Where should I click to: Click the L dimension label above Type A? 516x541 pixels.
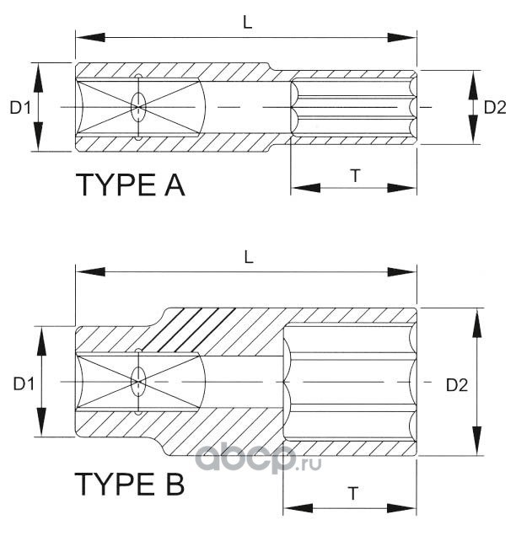coord(248,23)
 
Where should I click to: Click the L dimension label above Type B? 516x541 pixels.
coord(249,257)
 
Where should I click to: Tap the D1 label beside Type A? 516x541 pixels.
coord(20,108)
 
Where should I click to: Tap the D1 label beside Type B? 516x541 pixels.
coord(24,383)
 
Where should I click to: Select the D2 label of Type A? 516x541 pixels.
coord(495,108)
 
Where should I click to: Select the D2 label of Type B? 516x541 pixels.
coord(457,385)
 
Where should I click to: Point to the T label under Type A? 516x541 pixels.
coord(356,175)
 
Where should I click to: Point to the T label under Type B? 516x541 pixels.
coord(352,493)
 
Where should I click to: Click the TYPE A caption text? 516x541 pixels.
coord(131,185)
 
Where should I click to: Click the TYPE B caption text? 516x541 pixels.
coord(130,484)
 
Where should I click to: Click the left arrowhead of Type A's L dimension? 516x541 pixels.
coord(90,38)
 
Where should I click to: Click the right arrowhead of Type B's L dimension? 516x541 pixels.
coord(402,272)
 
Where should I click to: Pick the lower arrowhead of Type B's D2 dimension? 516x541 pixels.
coord(477,442)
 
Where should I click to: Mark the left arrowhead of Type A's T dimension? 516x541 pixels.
coord(306,188)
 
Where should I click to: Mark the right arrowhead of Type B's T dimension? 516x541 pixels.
coord(402,508)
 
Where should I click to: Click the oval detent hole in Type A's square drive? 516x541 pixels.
coord(138,107)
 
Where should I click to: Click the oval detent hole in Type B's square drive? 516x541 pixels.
coord(138,382)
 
